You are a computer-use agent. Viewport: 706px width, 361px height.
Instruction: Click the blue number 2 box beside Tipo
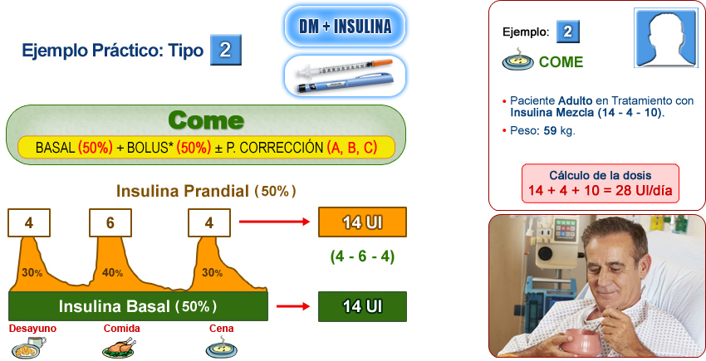[225, 50]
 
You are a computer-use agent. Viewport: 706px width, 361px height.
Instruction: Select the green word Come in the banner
[205, 120]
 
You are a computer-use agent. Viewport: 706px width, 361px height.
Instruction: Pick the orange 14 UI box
[362, 222]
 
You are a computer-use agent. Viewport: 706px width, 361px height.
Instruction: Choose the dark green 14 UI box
[362, 306]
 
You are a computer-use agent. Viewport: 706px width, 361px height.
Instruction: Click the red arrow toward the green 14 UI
[292, 306]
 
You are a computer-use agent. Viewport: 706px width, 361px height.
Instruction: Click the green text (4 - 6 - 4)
[362, 256]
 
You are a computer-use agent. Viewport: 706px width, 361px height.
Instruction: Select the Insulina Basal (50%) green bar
[138, 306]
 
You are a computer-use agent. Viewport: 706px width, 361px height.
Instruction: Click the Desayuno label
[32, 329]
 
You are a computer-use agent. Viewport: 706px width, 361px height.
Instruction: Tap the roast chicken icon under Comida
[118, 347]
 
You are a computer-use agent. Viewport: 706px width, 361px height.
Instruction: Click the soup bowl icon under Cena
[220, 348]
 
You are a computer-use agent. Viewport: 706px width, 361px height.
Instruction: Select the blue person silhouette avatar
[664, 39]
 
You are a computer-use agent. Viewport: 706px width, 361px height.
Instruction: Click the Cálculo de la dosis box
[600, 185]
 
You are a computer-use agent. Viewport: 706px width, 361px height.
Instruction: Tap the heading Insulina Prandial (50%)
[206, 191]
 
